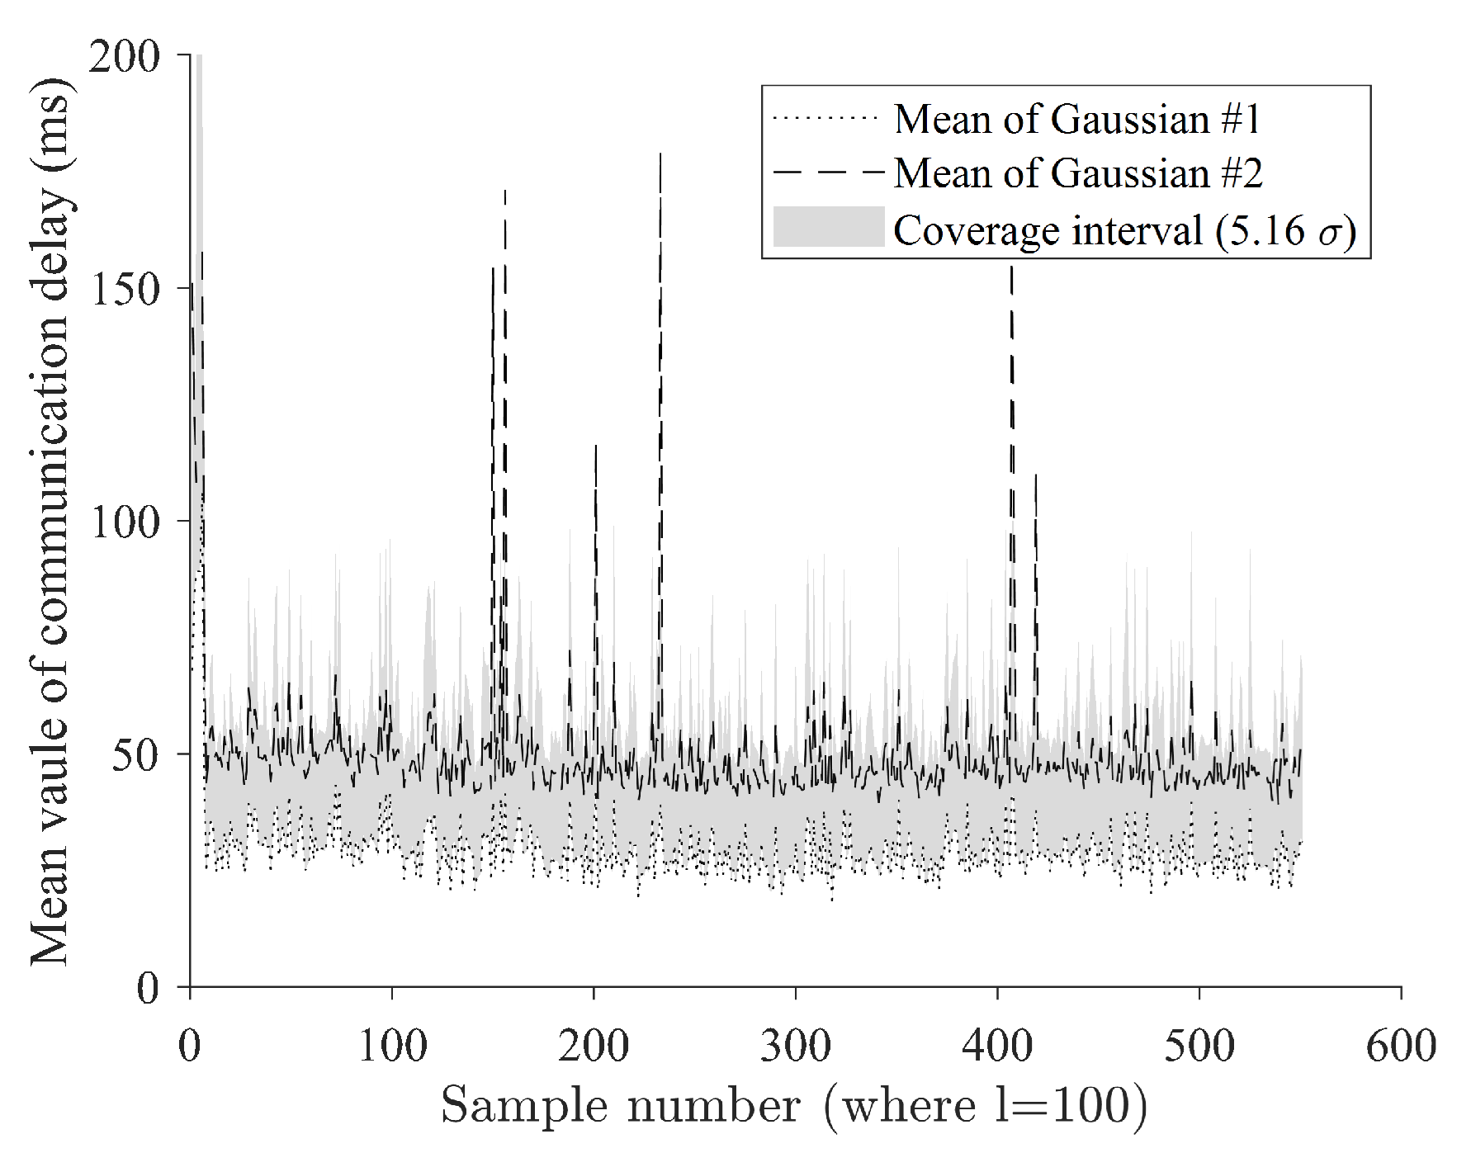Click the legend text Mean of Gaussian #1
point(1077,120)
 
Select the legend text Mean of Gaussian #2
point(1078,173)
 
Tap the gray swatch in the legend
point(828,227)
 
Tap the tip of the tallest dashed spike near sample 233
point(660,154)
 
